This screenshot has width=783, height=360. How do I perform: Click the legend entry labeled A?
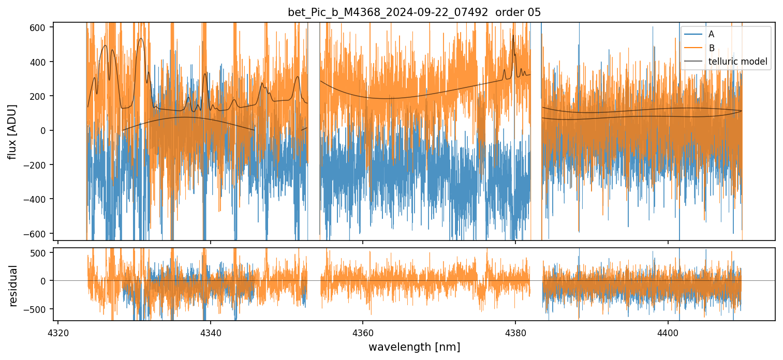click(x=711, y=34)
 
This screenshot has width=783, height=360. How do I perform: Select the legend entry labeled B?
click(x=711, y=48)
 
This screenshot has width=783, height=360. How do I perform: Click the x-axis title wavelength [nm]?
click(x=414, y=347)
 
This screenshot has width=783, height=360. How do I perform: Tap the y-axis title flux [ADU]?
click(x=11, y=131)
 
